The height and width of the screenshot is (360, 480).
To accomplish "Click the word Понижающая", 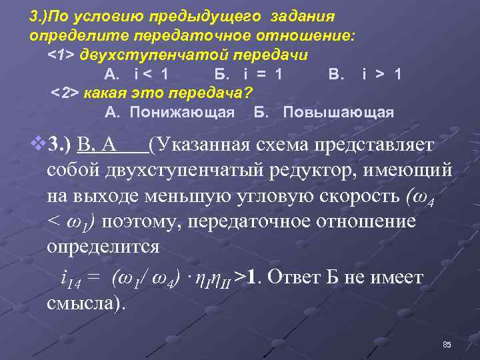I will point(182,111).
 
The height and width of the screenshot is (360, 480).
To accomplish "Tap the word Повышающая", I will point(339,111).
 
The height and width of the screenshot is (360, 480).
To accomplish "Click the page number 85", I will point(447,344).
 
